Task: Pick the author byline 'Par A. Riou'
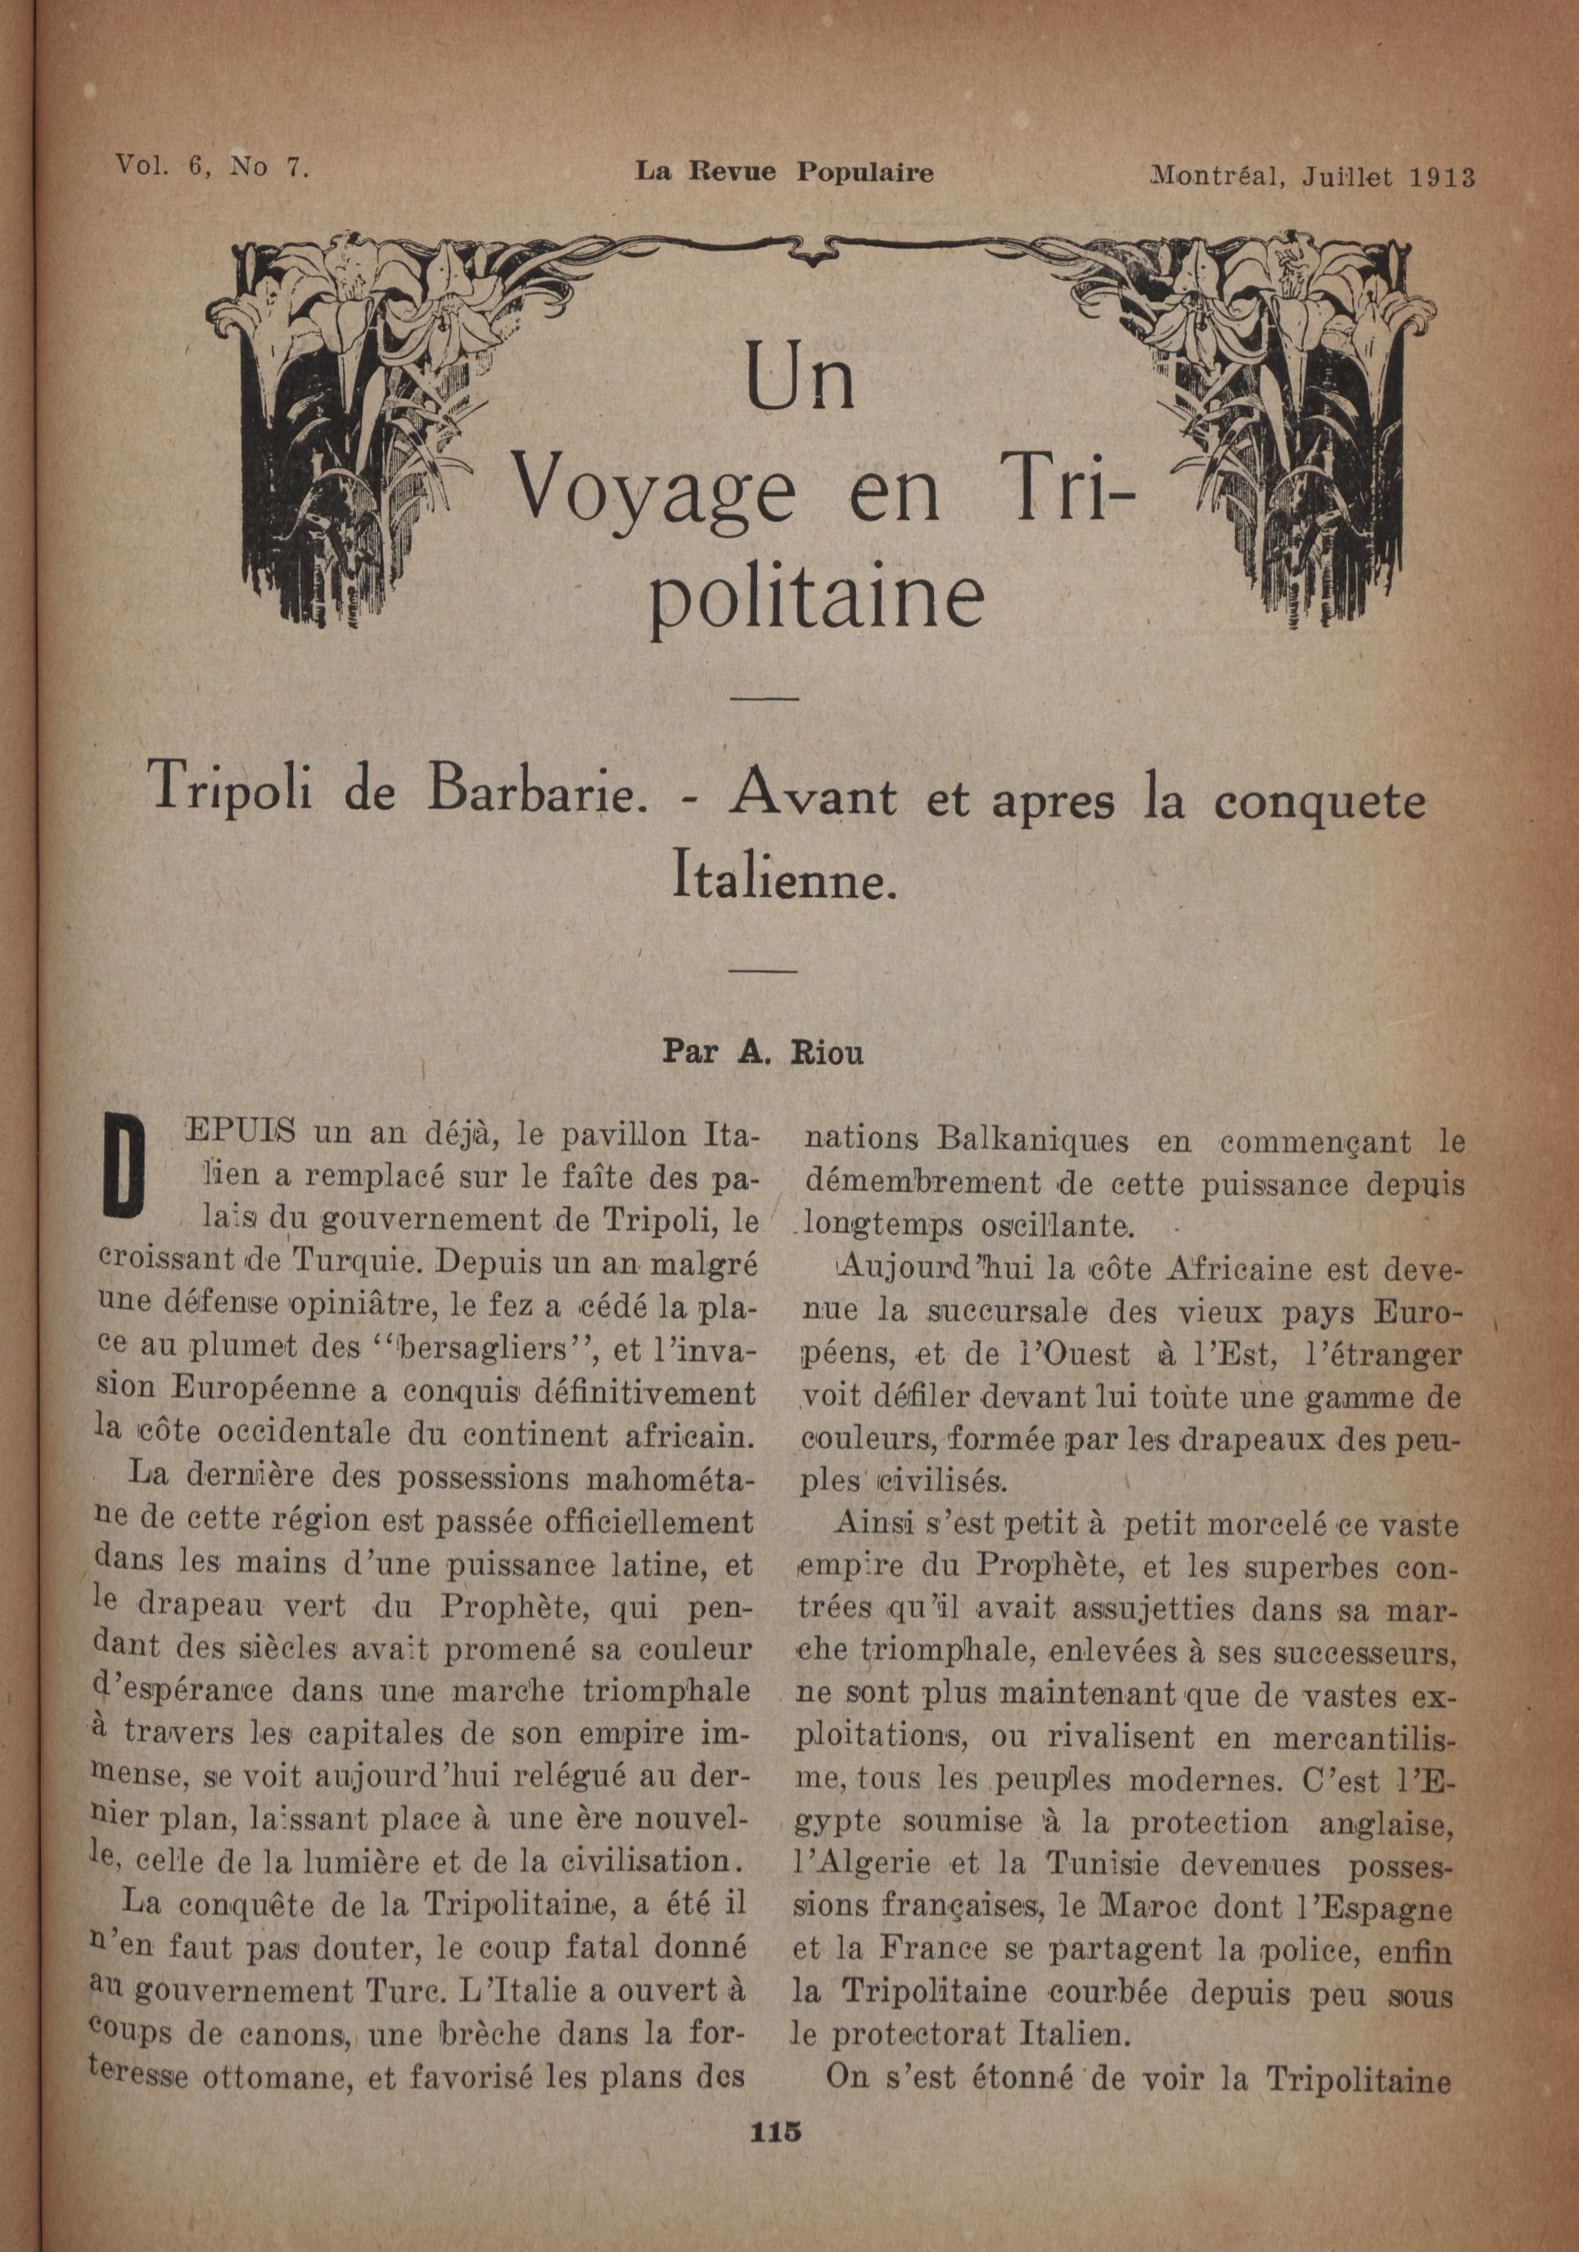pos(763,1051)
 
